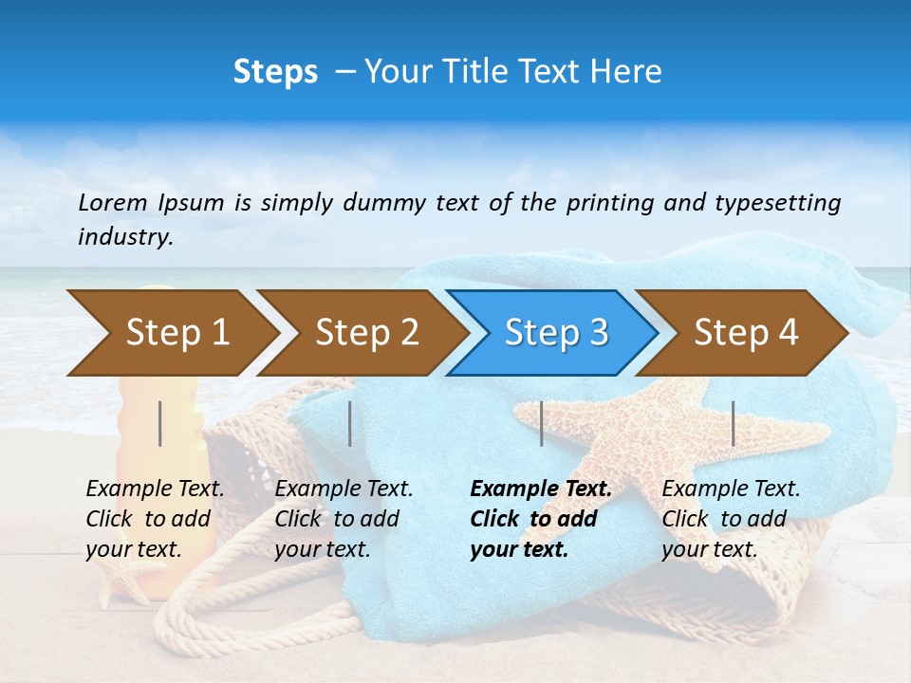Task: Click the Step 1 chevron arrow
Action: [x=171, y=332]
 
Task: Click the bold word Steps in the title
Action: [x=275, y=71]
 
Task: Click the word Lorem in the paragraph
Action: [x=112, y=202]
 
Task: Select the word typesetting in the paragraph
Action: [x=784, y=202]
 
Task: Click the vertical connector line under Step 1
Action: [x=160, y=423]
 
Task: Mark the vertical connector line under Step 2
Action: [x=350, y=423]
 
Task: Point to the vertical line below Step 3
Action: [x=541, y=423]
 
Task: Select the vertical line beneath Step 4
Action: [x=733, y=423]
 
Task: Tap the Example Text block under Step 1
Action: [x=155, y=519]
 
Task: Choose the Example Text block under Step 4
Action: [x=731, y=519]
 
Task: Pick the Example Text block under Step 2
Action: [x=344, y=519]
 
